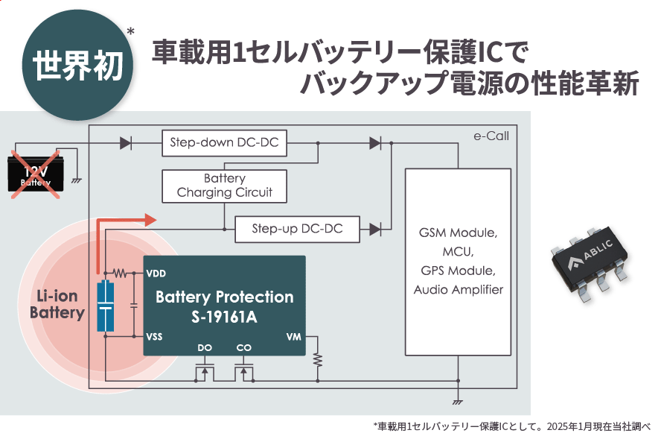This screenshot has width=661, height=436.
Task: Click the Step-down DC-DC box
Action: [224, 143]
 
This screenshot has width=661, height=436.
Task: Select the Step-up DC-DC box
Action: [297, 229]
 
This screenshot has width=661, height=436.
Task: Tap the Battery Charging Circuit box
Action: [224, 186]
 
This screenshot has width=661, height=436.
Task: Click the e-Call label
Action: [491, 136]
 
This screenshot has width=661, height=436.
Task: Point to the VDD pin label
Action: [156, 273]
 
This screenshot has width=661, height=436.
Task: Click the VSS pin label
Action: [155, 336]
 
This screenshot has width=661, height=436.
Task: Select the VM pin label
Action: [293, 336]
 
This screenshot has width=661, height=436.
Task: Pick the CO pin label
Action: [244, 348]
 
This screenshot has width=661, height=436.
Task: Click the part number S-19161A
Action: [224, 317]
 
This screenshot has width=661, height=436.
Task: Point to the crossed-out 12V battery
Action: [35, 174]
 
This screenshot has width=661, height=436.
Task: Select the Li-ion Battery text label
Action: [57, 304]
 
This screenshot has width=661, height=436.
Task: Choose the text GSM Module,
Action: [458, 233]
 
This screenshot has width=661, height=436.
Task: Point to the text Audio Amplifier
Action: [458, 289]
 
